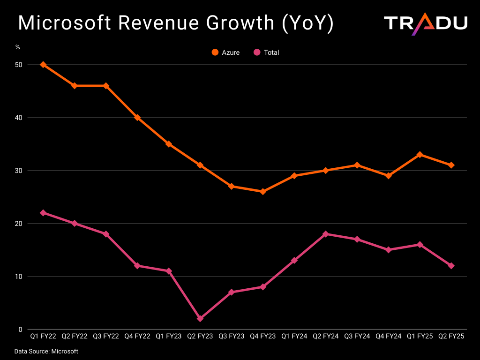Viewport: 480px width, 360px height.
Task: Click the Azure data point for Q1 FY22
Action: pos(43,65)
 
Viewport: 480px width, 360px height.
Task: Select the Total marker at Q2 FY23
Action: pos(200,319)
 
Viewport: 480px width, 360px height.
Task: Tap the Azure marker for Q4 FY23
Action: pos(263,192)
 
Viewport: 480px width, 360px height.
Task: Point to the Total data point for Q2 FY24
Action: pos(326,234)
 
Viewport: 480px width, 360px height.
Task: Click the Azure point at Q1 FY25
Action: pos(420,155)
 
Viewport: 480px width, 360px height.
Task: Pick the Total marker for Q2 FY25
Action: pos(451,266)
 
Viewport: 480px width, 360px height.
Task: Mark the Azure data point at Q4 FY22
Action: pos(137,118)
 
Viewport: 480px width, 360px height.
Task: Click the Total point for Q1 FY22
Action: pos(43,213)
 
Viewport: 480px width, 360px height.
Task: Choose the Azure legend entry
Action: pos(225,52)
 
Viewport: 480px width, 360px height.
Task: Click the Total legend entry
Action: pos(266,52)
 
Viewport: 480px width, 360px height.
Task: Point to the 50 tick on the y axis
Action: pos(19,65)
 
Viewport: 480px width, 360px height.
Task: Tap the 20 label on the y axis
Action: pos(19,224)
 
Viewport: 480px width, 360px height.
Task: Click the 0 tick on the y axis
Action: pos(21,330)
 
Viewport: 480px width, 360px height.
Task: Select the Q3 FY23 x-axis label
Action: pos(232,336)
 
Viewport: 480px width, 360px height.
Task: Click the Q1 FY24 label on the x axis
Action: pos(294,336)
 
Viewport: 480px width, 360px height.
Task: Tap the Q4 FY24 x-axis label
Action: pos(389,336)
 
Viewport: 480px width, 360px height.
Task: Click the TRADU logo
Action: pos(426,24)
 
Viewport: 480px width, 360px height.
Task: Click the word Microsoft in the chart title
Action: pos(65,22)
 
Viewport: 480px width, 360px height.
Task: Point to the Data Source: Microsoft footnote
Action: pos(46,352)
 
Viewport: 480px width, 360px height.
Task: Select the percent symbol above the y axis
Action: pos(18,47)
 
